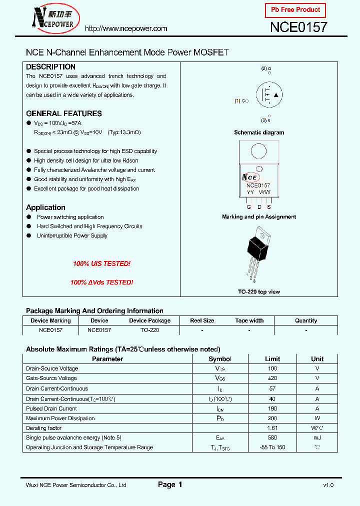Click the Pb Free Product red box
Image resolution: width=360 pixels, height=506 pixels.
(295, 10)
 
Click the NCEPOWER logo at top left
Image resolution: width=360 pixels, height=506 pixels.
(52, 18)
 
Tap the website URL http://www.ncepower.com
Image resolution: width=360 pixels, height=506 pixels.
(126, 28)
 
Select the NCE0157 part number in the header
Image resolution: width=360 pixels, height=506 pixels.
(298, 27)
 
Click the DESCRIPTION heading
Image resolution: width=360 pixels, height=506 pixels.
(50, 66)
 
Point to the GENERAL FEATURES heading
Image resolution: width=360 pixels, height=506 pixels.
(63, 113)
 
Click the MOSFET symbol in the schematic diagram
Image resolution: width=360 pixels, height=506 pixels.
(268, 94)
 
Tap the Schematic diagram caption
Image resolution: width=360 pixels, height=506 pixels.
(259, 132)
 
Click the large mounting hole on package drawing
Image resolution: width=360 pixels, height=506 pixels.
(258, 151)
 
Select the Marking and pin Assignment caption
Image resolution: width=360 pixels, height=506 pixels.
(259, 217)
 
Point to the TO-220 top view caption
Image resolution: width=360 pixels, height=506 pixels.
(259, 291)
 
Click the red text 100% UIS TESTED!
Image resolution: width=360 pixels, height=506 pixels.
(101, 263)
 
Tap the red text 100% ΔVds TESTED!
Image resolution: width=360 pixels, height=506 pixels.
(101, 282)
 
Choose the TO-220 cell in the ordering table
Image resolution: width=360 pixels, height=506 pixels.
(149, 330)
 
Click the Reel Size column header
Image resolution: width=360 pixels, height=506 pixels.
(202, 320)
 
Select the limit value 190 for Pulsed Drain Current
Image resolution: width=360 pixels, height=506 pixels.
(272, 408)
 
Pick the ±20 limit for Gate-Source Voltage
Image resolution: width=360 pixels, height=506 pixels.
(272, 378)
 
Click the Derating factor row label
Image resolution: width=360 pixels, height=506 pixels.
(43, 428)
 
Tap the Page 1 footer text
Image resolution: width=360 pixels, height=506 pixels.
(170, 484)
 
